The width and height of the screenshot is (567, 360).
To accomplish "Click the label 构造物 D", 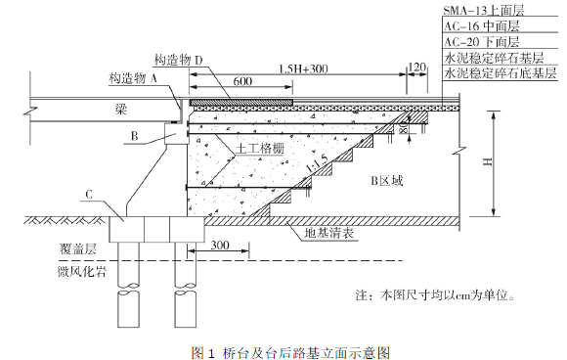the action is pos(178,60).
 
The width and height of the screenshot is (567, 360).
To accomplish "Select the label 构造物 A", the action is pos(133,78).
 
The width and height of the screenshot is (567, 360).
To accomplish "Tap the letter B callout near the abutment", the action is pos(135,136).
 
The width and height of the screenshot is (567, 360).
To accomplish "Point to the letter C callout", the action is pos(89,195).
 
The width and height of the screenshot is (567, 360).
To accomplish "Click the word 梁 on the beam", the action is pos(121,110).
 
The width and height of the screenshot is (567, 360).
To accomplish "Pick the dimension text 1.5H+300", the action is pos(304,68).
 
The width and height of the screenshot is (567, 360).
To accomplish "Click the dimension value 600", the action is pos(242,80).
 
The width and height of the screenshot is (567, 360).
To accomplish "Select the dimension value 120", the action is pos(416,67).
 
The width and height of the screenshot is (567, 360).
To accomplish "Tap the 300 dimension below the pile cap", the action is pos(220,245).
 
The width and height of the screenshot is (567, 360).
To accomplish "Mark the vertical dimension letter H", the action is pos(488,161).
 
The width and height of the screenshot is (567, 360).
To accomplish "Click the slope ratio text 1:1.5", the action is pos(317,162).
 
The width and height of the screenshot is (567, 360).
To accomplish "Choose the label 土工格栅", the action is pos(260,149).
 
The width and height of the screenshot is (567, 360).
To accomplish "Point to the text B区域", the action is pos(386,181).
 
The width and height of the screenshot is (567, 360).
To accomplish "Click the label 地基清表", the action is pos(328,234).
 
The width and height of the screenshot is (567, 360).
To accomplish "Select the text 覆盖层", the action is pos(78,248).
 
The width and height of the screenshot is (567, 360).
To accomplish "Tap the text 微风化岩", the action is pos(82,271).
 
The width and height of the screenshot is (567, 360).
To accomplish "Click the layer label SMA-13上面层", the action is pos(484,10).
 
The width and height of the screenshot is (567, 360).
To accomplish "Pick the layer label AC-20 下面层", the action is pos(482,42).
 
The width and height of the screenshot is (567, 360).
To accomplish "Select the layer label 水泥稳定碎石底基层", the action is pos(501,73).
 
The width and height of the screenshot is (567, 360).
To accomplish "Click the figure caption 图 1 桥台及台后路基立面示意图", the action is pos(290,352).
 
